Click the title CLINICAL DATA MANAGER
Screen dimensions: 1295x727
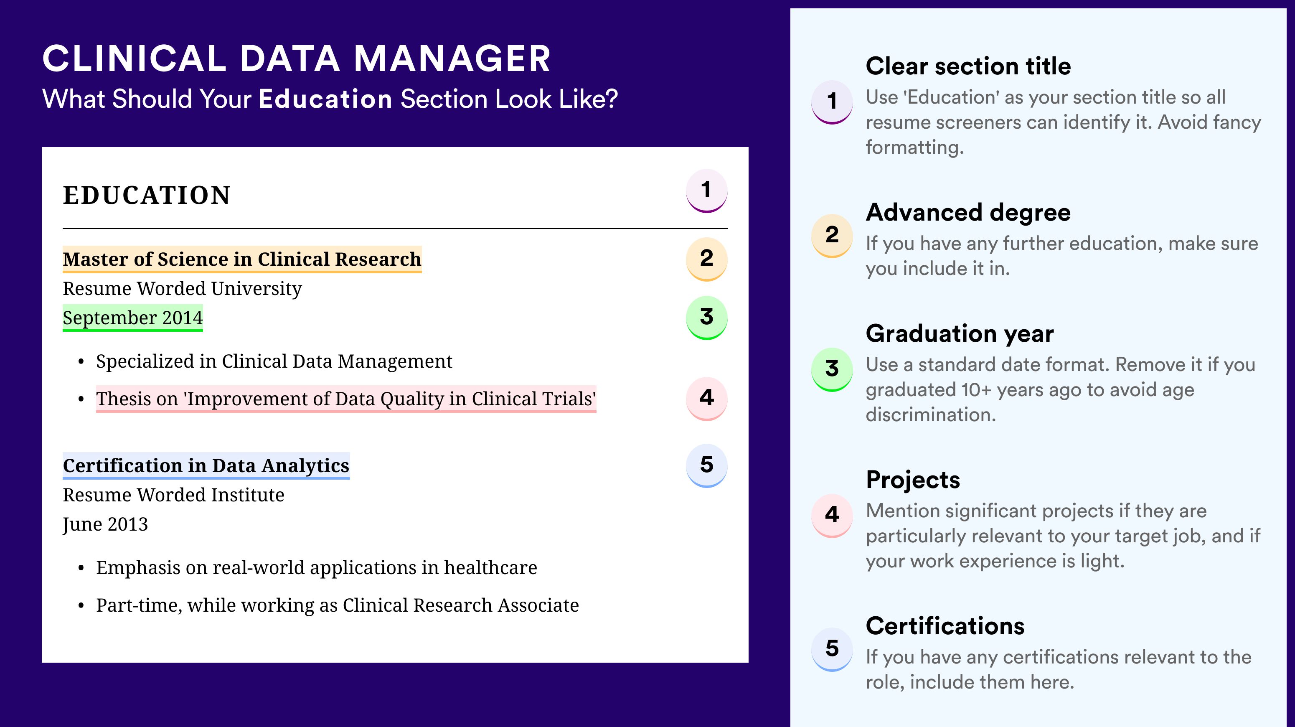[297, 58]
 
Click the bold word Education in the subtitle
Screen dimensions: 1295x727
[325, 99]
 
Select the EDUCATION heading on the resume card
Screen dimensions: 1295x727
[146, 195]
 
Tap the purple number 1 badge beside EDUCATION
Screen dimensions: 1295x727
[706, 191]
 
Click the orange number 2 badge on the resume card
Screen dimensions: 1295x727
[706, 259]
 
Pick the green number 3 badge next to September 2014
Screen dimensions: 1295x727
[706, 317]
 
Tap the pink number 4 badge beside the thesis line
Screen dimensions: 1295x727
[706, 398]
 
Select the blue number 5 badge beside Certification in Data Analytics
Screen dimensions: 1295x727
[706, 465]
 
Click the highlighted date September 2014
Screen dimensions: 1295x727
[133, 318]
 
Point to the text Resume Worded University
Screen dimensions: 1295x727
[183, 289]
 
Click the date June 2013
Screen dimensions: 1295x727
[105, 524]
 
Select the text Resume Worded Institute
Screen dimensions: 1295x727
[173, 495]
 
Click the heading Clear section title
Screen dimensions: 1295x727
[968, 66]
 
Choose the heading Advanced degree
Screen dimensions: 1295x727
[968, 213]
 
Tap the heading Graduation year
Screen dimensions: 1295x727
[960, 333]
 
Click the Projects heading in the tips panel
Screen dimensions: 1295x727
[913, 480]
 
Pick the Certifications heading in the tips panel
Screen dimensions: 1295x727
[945, 626]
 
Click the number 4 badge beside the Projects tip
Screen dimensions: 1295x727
[832, 515]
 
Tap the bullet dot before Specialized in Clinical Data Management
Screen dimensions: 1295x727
[81, 361]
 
